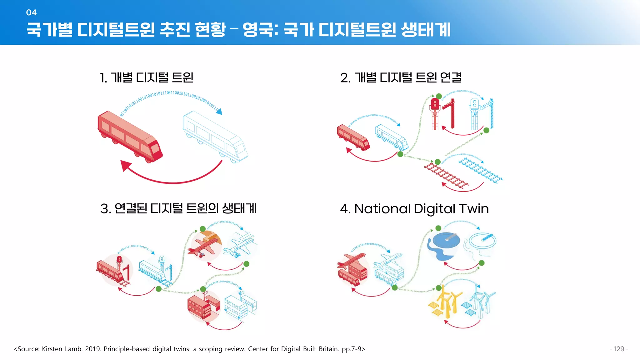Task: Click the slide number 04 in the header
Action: [31, 12]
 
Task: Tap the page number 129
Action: [618, 349]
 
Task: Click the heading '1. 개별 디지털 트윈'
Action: [147, 77]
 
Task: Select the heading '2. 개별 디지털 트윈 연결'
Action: [401, 77]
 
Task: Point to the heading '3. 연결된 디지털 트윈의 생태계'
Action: [178, 208]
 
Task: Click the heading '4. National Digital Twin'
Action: [414, 209]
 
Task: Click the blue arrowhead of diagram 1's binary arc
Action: [220, 111]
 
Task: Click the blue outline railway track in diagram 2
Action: [480, 170]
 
